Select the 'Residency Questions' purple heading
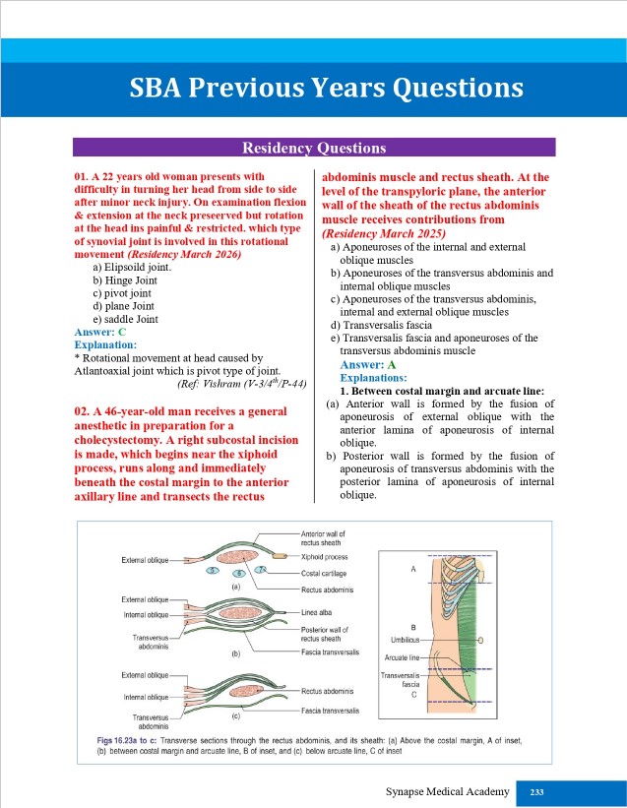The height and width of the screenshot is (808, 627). coord(314,149)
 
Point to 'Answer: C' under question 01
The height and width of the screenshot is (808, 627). coord(100,333)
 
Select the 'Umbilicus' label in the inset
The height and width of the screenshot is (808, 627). coord(403,640)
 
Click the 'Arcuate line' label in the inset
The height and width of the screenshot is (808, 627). coord(402,656)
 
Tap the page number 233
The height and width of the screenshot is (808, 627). coord(536,792)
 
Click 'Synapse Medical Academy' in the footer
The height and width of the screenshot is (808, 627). coord(448,792)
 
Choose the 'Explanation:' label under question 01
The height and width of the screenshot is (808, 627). coord(105,345)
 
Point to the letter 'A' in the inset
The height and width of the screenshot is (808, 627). coord(413,570)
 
